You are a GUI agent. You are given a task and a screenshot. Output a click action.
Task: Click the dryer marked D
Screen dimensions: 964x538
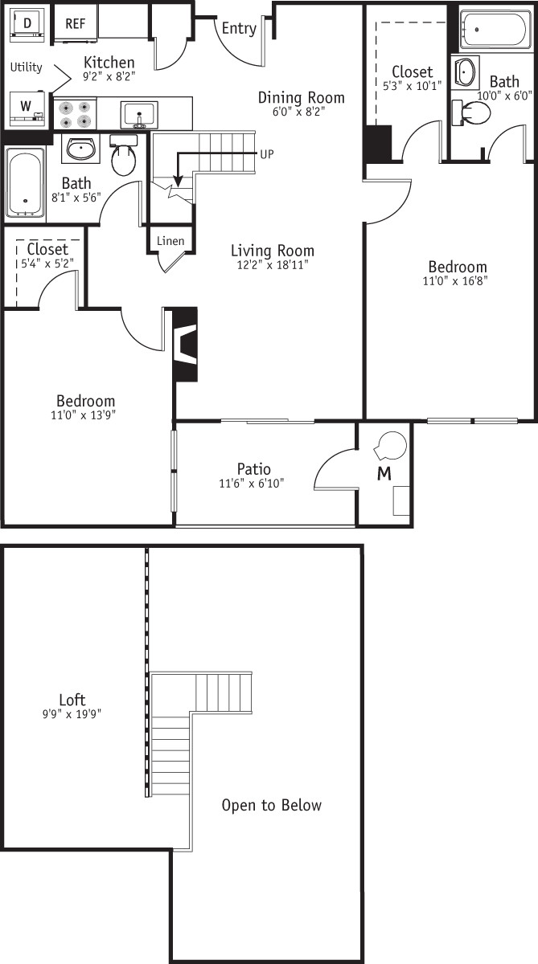tap(27, 24)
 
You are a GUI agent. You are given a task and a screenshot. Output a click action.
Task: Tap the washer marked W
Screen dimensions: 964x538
tap(26, 106)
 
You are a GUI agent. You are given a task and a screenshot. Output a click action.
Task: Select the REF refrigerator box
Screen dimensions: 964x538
tap(75, 24)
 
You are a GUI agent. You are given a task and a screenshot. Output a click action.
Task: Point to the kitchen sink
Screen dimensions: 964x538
tap(139, 114)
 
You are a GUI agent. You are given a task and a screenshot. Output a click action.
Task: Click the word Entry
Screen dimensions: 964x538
tap(239, 29)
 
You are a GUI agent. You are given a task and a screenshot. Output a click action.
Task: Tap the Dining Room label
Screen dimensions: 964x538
tap(301, 98)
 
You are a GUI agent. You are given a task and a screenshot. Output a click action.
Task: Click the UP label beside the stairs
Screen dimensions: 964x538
tap(267, 153)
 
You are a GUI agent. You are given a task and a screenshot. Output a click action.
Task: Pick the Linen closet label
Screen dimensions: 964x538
tap(170, 241)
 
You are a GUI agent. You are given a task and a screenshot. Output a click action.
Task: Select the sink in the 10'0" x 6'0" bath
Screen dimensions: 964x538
tap(465, 73)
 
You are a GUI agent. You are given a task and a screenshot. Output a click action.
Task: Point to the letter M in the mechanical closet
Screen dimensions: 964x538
tap(384, 474)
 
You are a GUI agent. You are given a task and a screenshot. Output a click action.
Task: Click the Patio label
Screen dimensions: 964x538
tap(253, 469)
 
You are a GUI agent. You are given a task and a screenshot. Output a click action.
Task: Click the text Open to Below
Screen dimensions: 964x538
tap(272, 805)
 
